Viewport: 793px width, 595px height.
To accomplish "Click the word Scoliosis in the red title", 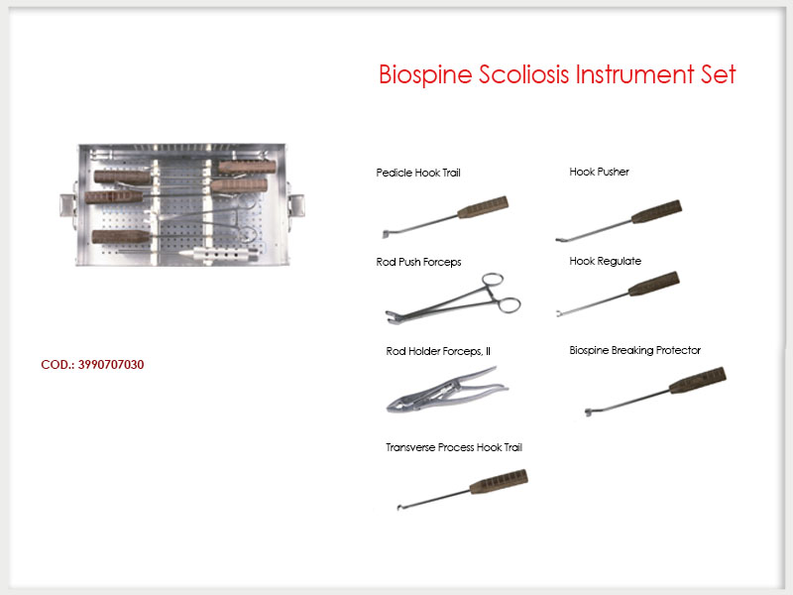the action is coord(523,74).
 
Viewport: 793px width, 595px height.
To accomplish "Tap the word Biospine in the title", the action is coord(425,75).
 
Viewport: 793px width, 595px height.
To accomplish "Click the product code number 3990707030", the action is coord(111,364).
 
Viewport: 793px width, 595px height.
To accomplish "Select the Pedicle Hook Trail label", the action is coord(418,173).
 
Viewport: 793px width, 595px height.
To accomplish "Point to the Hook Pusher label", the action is coord(600,172).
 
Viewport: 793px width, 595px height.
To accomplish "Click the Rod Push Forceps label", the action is coord(418,262).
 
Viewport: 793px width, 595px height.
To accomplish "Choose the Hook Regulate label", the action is coord(606,261).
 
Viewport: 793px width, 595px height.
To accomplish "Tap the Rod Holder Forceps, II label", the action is coord(438,351).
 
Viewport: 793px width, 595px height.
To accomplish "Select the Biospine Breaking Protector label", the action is coord(635,350).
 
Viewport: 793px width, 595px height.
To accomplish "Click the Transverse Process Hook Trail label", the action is coord(454,447).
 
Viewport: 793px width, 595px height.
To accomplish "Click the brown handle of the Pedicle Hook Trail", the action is coord(483,207).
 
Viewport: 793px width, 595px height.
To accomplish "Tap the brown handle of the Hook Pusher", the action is coord(656,211).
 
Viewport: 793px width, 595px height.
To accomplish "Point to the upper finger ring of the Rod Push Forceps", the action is coord(493,280).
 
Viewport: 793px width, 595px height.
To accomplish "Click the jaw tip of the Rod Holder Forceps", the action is coord(392,407).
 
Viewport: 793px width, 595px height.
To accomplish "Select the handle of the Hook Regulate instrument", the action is coord(654,284).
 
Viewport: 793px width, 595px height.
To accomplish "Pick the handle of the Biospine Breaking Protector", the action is coord(698,381).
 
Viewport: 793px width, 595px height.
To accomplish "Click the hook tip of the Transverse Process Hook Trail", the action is coord(399,508).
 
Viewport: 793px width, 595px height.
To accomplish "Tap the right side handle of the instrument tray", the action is coord(296,205).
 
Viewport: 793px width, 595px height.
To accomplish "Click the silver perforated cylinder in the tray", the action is coord(219,254).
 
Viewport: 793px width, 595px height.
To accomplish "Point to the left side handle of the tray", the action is coord(68,205).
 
